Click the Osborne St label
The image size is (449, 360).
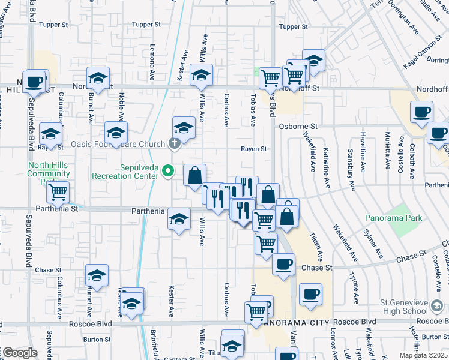click(298, 127)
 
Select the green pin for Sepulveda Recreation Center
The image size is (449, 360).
click(170, 172)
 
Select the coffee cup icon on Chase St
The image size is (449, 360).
click(283, 264)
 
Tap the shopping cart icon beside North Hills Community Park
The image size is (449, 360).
click(58, 192)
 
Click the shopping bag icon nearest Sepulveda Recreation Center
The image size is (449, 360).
click(195, 176)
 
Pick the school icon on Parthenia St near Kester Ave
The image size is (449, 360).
click(179, 220)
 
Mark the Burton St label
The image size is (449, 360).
click(95, 339)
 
